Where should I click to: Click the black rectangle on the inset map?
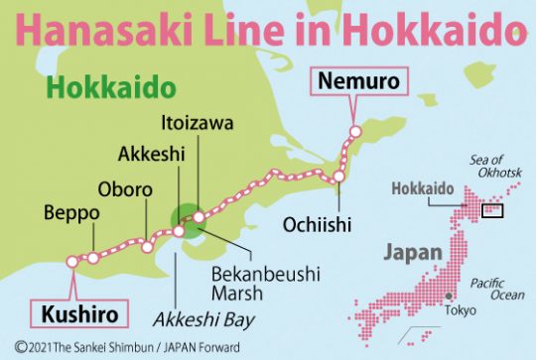click(492, 210)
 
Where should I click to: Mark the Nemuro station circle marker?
click(353, 131)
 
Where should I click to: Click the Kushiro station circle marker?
click(71, 262)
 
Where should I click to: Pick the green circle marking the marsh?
click(186, 221)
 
